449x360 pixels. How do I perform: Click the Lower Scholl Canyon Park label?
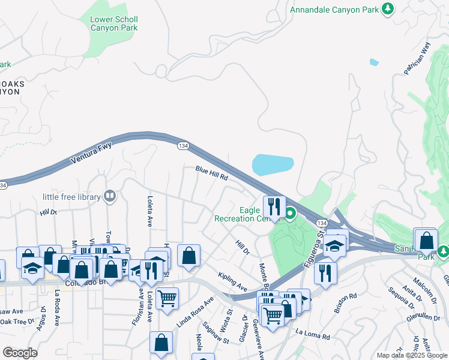point(113,23)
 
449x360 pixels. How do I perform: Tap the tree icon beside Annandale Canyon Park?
point(388,8)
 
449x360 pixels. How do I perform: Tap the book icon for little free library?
point(110,196)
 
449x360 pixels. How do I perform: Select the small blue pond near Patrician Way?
point(375,62)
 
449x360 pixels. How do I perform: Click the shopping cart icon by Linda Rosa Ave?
point(167,298)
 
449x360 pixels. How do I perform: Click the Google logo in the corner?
point(20,353)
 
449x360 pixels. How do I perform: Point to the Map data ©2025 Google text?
point(411,355)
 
